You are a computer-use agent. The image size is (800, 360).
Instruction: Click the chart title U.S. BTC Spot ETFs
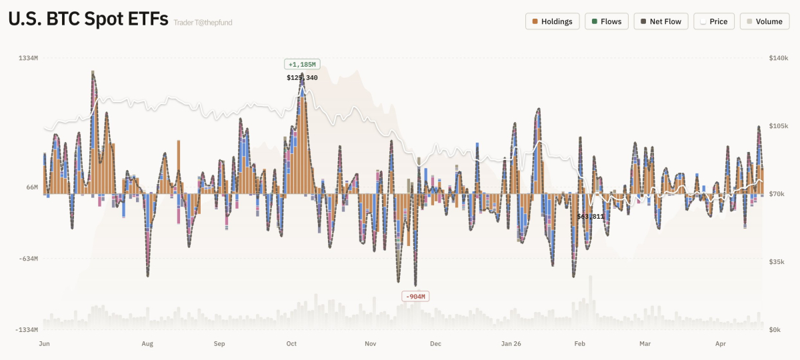click(88, 20)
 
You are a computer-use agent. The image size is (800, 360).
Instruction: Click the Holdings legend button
click(553, 21)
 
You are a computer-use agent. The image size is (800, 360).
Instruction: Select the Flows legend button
click(607, 21)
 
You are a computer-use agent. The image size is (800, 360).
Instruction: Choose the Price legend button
click(714, 21)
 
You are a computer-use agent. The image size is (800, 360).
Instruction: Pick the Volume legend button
click(764, 21)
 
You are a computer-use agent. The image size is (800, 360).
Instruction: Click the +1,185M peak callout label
click(302, 64)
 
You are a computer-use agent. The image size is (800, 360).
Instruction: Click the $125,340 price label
click(302, 78)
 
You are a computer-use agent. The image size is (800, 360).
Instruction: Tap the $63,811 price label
click(591, 216)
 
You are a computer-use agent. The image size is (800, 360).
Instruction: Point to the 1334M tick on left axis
click(28, 59)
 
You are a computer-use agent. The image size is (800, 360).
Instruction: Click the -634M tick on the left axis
click(28, 259)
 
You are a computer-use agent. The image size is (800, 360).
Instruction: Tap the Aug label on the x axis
click(147, 344)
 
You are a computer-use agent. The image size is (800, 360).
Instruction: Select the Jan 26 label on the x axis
click(511, 344)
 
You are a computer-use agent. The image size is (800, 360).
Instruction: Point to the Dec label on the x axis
click(435, 344)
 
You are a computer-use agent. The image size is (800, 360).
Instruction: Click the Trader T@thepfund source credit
click(203, 23)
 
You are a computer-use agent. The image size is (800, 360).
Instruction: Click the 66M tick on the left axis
click(32, 187)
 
